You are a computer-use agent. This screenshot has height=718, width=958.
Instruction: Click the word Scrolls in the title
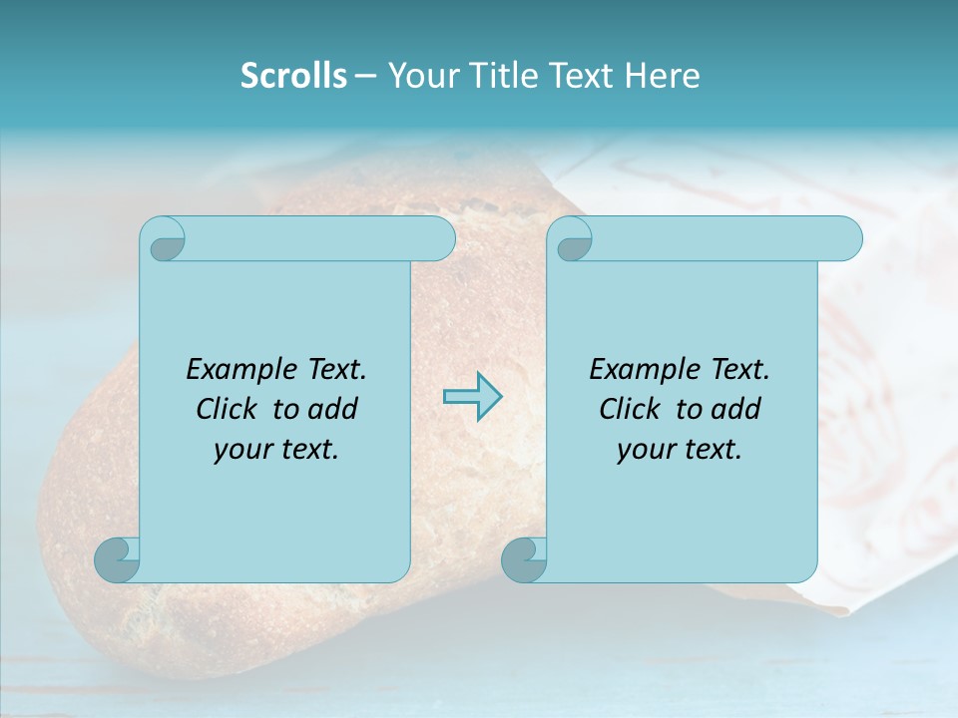[293, 76]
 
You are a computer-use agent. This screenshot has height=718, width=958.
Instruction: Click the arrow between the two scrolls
[472, 397]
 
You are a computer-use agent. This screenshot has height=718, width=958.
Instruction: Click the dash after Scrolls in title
[365, 76]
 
